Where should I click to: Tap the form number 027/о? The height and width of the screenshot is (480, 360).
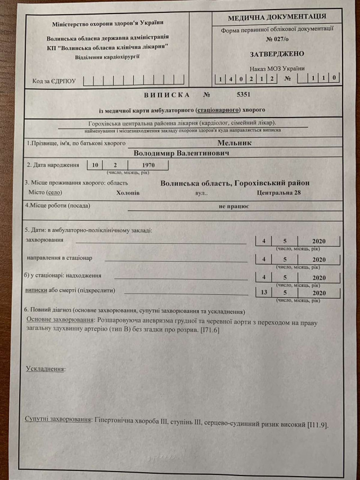point(277,39)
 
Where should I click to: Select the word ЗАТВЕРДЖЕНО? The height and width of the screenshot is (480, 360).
point(277,54)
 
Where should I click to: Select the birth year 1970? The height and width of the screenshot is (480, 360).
point(148,165)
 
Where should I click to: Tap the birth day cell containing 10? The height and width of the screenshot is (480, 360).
point(96,165)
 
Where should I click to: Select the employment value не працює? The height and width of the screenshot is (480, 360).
point(235,207)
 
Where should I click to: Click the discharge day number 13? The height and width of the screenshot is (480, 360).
point(264,293)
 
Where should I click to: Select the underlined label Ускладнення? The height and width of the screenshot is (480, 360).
point(45,369)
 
